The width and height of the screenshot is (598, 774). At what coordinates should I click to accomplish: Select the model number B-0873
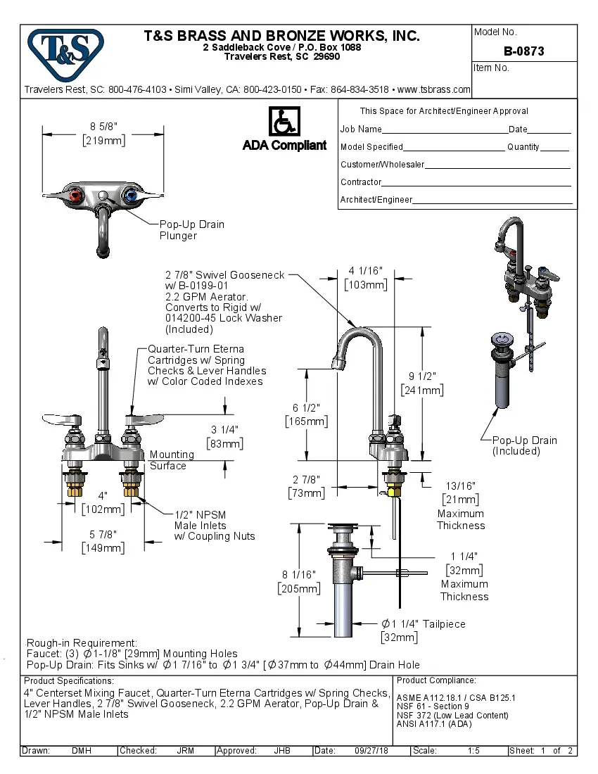coord(523,51)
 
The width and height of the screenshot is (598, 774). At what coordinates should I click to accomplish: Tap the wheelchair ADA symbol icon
coord(284,122)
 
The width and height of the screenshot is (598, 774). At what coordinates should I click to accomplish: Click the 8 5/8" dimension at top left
coord(103,126)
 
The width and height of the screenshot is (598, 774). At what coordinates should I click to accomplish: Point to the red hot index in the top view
coord(77,195)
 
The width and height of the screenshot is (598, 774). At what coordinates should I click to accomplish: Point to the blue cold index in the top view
coord(130,195)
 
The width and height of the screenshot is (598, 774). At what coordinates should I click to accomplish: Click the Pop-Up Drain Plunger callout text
coord(191,230)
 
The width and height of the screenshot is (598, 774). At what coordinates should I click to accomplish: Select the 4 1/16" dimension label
coord(365,270)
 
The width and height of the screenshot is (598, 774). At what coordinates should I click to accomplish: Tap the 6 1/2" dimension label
coord(306,407)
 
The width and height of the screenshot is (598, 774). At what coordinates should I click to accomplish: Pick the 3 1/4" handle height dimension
coord(224,429)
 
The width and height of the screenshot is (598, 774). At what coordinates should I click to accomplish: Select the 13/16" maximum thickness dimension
coord(460,486)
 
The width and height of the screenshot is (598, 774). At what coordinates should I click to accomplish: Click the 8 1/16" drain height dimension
coord(299,574)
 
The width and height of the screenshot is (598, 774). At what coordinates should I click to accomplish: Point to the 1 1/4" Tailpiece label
coord(423,624)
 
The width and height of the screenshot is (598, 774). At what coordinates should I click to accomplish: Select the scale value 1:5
coord(473,751)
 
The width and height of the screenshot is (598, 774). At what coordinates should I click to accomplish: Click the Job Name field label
coord(361,129)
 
